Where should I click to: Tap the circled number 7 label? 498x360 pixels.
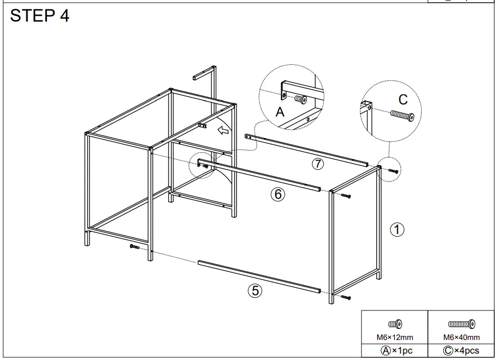click(317, 164)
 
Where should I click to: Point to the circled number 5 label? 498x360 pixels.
click(255, 290)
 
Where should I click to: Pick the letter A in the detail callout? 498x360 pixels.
click(280, 112)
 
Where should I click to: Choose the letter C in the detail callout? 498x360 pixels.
click(403, 99)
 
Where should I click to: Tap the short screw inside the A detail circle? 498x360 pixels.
click(301, 99)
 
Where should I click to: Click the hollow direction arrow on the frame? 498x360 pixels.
click(223, 130)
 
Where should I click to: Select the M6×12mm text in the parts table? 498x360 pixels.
click(394, 337)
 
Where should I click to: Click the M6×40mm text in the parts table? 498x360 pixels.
click(462, 337)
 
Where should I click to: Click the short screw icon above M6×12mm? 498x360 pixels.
click(395, 324)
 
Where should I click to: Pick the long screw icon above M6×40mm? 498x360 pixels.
click(462, 324)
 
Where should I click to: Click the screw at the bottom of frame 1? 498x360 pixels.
click(346, 298)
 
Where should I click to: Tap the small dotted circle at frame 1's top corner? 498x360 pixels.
click(390, 169)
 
